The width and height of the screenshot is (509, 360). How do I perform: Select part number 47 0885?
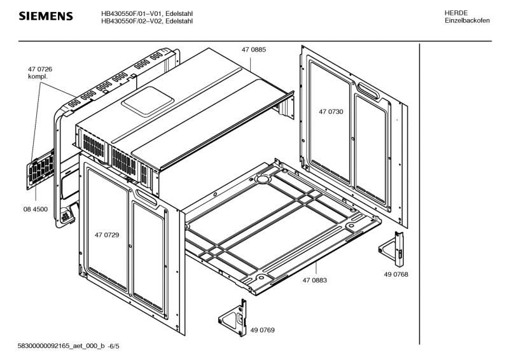253,49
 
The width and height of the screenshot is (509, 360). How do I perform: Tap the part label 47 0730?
331,112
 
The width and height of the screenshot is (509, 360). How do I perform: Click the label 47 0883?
315,280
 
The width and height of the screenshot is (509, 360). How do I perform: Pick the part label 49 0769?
262,331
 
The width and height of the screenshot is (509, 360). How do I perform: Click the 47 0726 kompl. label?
39,73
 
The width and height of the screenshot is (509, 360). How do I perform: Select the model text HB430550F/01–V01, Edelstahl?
148,13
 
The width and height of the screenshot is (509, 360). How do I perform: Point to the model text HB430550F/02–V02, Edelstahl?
148,22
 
